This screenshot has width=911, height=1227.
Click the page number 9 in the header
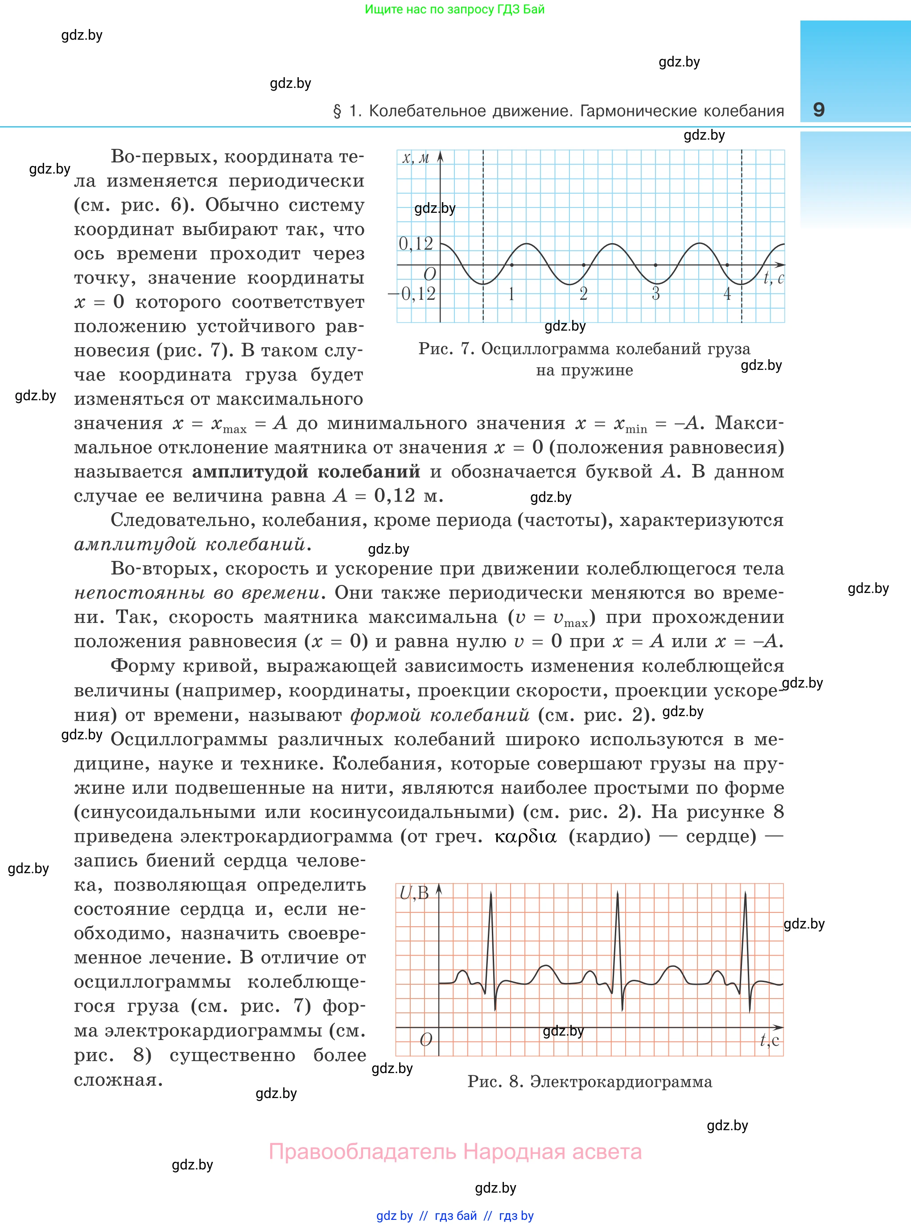point(818,109)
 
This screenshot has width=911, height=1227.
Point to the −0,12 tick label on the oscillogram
point(412,294)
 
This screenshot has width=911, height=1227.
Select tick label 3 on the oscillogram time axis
point(655,294)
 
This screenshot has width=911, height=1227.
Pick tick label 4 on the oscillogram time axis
point(727,294)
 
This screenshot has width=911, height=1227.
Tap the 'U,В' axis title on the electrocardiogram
point(414,893)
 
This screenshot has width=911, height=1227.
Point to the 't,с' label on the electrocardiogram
point(770,1040)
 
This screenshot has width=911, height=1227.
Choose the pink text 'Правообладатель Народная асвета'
point(455,1152)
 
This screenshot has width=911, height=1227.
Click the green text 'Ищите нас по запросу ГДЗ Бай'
point(455,9)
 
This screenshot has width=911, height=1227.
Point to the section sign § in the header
point(338,112)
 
